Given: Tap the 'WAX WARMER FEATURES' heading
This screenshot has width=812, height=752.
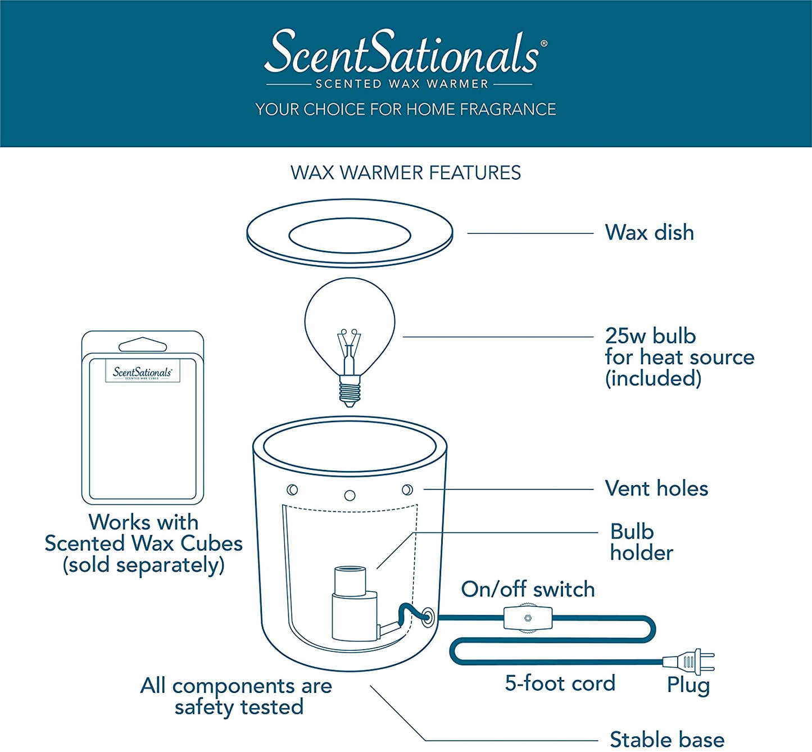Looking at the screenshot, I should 405,173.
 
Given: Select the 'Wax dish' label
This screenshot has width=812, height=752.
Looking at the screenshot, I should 649,233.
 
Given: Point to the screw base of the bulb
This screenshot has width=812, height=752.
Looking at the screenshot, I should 349,391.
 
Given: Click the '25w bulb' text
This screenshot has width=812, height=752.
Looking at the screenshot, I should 650,336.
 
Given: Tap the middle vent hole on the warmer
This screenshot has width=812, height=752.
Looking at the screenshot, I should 350,495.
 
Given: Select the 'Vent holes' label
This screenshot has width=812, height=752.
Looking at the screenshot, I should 656,488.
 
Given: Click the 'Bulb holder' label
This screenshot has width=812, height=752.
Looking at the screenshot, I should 641,542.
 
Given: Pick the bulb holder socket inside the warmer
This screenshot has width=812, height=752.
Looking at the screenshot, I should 350,604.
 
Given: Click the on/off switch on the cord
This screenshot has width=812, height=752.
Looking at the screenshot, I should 528,618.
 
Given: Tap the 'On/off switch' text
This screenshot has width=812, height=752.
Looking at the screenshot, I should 528,589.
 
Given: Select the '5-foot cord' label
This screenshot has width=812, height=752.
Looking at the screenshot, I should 560,683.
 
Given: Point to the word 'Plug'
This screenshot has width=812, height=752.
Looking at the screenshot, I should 688,685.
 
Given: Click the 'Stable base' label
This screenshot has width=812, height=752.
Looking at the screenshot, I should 667,739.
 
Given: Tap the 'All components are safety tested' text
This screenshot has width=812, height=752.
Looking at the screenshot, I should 237,696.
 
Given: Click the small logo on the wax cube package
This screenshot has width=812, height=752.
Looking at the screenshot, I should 143,372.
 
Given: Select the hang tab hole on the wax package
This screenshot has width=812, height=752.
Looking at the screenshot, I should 143,345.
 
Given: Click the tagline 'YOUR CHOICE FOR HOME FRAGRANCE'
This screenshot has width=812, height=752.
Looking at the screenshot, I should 405,109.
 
